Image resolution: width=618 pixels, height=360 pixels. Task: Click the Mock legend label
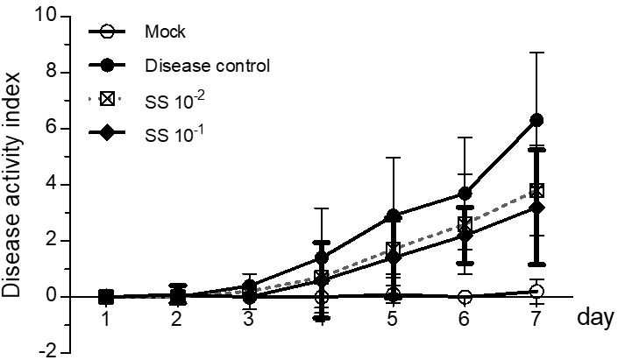pos(165,32)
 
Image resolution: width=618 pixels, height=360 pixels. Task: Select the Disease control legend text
pos(207,66)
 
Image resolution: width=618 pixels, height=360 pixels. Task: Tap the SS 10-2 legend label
pos(174,101)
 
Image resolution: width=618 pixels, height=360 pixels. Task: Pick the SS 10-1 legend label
pos(174,134)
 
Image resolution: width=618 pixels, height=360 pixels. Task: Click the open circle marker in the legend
pos(106,32)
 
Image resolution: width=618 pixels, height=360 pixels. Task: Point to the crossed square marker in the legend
pos(106,99)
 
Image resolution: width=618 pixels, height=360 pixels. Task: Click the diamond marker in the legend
pos(106,133)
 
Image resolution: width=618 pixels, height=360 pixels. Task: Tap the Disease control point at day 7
pos(536,120)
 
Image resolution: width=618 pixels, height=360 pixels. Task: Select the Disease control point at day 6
pos(465,194)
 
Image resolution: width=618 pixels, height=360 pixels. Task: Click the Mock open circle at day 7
pos(536,292)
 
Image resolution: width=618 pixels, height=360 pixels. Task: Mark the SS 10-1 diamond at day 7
pos(536,208)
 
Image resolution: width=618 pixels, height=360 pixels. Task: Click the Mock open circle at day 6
pos(465,297)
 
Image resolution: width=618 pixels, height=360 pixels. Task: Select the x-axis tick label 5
pos(392,319)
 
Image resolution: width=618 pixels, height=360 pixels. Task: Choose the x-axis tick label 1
pos(105,319)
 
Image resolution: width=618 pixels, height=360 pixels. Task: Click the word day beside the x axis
pos(595,317)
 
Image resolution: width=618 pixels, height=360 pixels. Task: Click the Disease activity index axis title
pos(11,184)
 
